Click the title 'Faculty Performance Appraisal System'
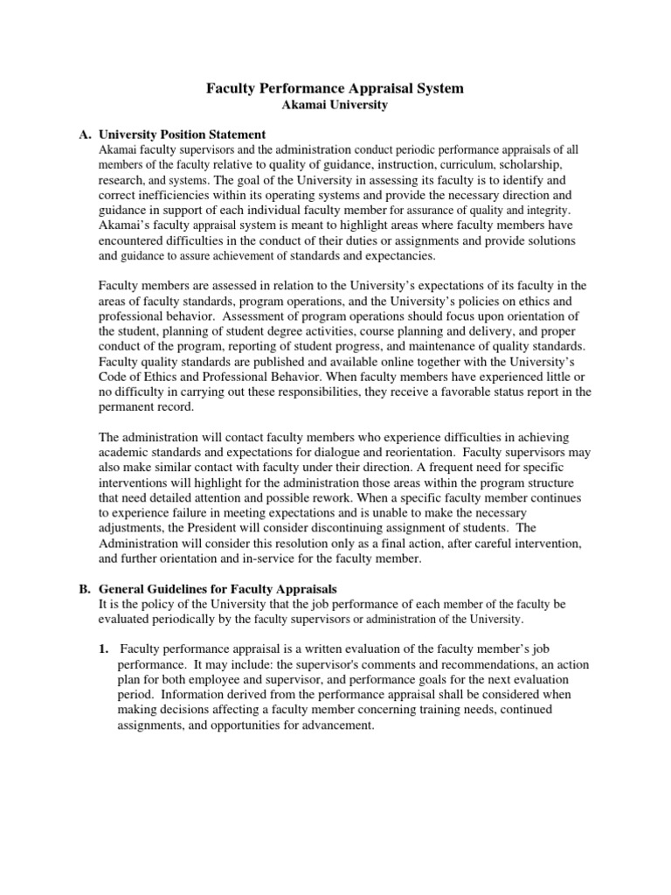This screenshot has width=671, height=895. tap(335, 88)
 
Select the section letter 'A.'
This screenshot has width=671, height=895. tap(85, 135)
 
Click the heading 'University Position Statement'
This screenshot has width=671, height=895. tap(183, 135)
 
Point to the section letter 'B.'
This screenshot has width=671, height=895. tap(85, 588)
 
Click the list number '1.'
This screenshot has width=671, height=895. tap(103, 648)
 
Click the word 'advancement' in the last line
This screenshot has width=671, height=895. tap(335, 724)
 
